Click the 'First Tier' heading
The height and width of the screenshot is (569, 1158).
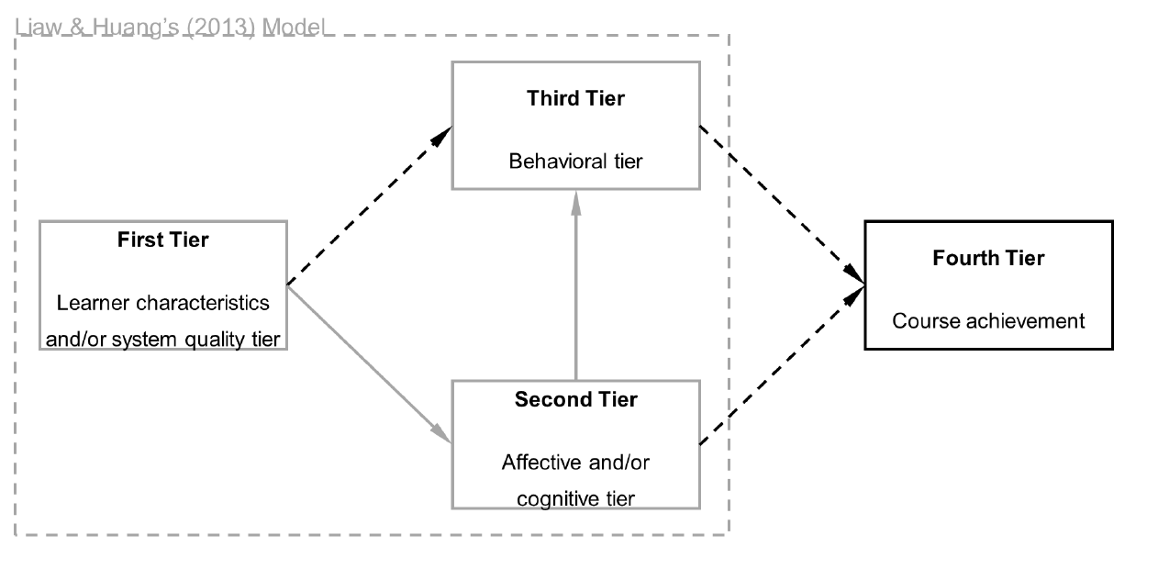click(x=162, y=240)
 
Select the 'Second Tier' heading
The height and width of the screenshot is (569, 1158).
click(x=575, y=400)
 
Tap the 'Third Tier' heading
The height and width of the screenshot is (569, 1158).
click(x=575, y=98)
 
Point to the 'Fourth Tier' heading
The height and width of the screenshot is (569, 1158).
click(x=988, y=258)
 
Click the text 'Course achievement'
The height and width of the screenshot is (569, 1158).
click(x=988, y=321)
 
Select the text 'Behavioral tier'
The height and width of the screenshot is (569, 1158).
click(x=575, y=162)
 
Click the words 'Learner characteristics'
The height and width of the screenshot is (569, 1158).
click(x=162, y=302)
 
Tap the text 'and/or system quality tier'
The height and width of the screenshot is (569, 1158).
click(x=162, y=339)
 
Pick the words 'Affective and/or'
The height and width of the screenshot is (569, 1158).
click(x=575, y=463)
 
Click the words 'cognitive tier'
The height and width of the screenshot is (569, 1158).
click(x=575, y=498)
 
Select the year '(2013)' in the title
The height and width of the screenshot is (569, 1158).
click(x=224, y=27)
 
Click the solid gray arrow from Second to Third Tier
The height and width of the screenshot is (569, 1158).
click(x=575, y=294)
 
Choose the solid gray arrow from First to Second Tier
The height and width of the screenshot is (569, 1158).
click(x=367, y=363)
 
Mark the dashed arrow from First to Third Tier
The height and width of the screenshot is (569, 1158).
click(x=367, y=207)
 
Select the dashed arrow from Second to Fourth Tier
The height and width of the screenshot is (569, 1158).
click(x=780, y=367)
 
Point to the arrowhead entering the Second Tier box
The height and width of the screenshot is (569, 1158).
click(x=442, y=434)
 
